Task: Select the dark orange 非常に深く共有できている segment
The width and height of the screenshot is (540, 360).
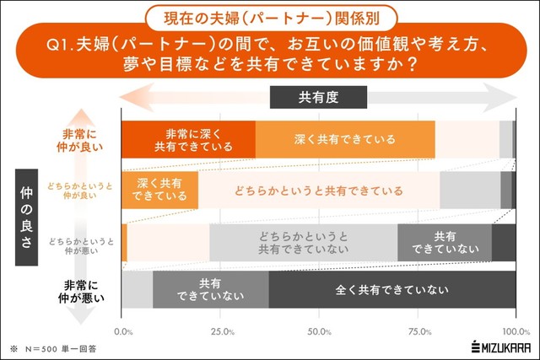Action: (x=188, y=140)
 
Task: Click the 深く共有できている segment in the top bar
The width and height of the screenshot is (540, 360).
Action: (x=345, y=140)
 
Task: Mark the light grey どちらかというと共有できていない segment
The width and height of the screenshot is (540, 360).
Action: (x=303, y=242)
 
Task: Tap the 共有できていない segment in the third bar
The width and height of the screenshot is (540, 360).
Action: (x=444, y=242)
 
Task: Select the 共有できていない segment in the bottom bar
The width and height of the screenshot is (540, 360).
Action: (x=211, y=290)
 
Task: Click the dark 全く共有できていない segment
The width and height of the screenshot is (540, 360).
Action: (x=392, y=290)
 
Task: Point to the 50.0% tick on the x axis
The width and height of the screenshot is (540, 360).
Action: (x=320, y=331)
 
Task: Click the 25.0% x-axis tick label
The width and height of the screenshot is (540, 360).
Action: (x=222, y=331)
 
